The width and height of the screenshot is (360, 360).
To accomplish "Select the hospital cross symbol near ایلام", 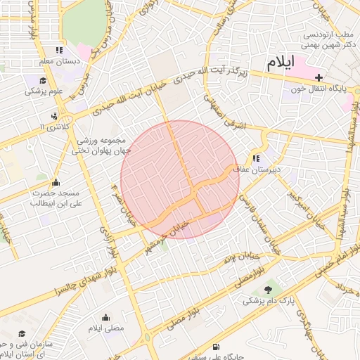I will click(x=319, y=77).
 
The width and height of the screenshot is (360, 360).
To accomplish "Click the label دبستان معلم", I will click(x=60, y=61).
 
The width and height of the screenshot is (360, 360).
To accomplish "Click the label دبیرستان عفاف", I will click(x=257, y=169).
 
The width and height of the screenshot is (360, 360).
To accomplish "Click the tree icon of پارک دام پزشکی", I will click(x=268, y=289).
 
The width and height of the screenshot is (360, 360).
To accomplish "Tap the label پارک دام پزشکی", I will click(x=268, y=301).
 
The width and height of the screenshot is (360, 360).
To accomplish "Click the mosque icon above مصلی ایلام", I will click(x=105, y=317).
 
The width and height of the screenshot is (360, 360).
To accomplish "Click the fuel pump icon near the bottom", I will click(x=214, y=346).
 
